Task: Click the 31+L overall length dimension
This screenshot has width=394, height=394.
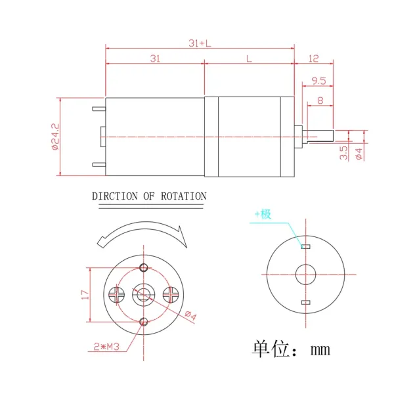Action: (x=200, y=43)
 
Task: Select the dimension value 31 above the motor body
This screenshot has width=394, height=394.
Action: (x=155, y=59)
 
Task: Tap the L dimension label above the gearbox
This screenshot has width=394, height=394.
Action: (x=248, y=59)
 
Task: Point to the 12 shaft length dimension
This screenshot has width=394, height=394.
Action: (x=313, y=59)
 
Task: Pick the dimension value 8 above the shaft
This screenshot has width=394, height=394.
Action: (x=320, y=100)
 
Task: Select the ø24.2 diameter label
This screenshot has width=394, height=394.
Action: (x=55, y=137)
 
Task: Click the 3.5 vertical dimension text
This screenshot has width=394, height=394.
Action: (x=344, y=152)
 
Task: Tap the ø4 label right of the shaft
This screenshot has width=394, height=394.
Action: (x=359, y=153)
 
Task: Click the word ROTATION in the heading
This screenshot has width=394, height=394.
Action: (x=184, y=196)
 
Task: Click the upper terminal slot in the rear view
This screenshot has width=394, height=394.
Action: (x=305, y=246)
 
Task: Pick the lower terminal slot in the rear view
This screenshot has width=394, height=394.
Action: (x=305, y=302)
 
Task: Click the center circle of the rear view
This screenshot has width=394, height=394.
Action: (x=305, y=274)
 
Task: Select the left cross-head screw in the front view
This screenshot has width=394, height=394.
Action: (x=116, y=294)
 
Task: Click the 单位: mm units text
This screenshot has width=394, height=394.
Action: (x=291, y=349)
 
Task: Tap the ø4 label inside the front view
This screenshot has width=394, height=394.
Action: (x=190, y=316)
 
